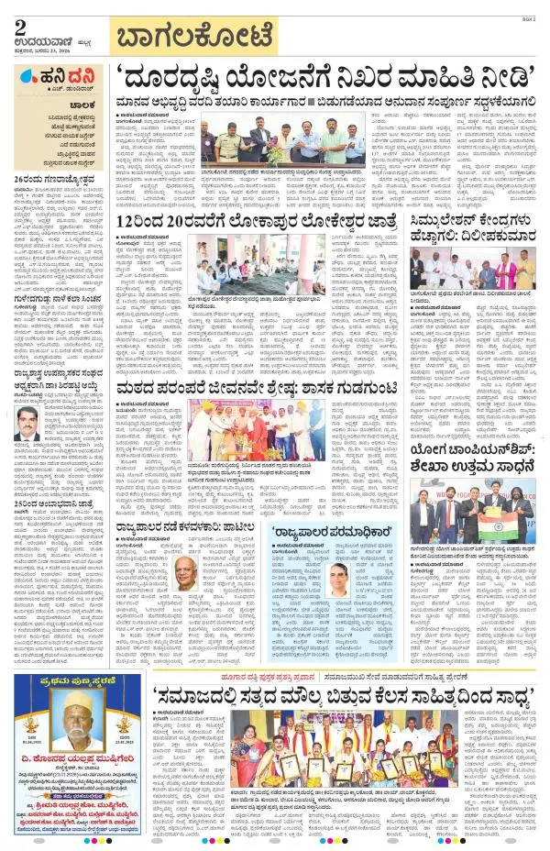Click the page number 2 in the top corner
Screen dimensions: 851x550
coord(19,28)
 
